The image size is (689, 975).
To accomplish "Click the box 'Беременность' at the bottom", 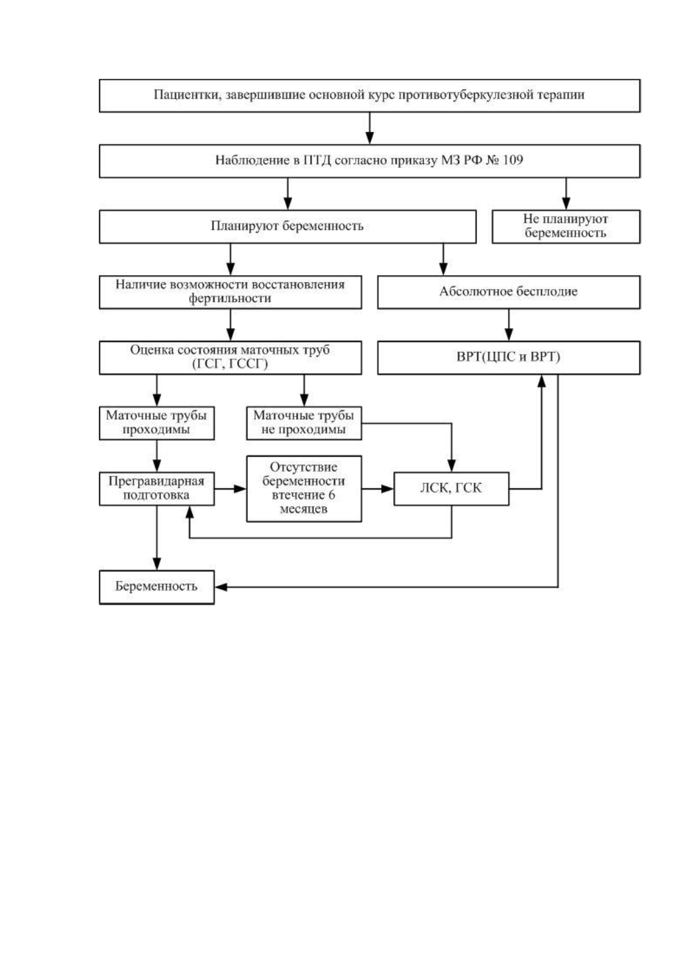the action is pos(156,587).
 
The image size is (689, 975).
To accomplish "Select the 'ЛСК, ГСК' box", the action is pos(451,488).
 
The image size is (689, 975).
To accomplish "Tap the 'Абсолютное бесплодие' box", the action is pos(509,292).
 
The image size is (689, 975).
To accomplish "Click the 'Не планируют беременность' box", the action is pos(566,226).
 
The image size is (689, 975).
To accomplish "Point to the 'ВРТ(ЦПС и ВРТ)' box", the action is pos(509,357).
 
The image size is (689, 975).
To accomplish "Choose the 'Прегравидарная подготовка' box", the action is pos(156,488).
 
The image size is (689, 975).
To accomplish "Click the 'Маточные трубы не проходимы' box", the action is pos(304,423).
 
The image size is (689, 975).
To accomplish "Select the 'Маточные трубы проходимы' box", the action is pos(156,423).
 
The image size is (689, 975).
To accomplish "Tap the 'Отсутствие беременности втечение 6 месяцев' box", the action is pos(304,488).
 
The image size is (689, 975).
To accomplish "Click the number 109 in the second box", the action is pos(512,160).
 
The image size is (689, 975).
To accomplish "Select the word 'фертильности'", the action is pos(230,298).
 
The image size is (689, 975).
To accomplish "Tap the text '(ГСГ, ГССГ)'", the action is pos(230,364).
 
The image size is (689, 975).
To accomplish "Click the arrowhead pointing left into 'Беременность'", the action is pos(221,587).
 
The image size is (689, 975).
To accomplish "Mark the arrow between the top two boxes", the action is pos(369,129).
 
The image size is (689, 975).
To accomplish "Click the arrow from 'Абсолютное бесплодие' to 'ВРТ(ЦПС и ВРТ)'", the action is pos(509,325).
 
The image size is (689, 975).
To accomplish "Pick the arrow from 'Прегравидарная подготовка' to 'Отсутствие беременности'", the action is pos(230,488).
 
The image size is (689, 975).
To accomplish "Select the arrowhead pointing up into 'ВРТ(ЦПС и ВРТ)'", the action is pos(541,381).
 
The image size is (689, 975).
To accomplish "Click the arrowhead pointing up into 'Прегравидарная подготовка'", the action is pos(189,512).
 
